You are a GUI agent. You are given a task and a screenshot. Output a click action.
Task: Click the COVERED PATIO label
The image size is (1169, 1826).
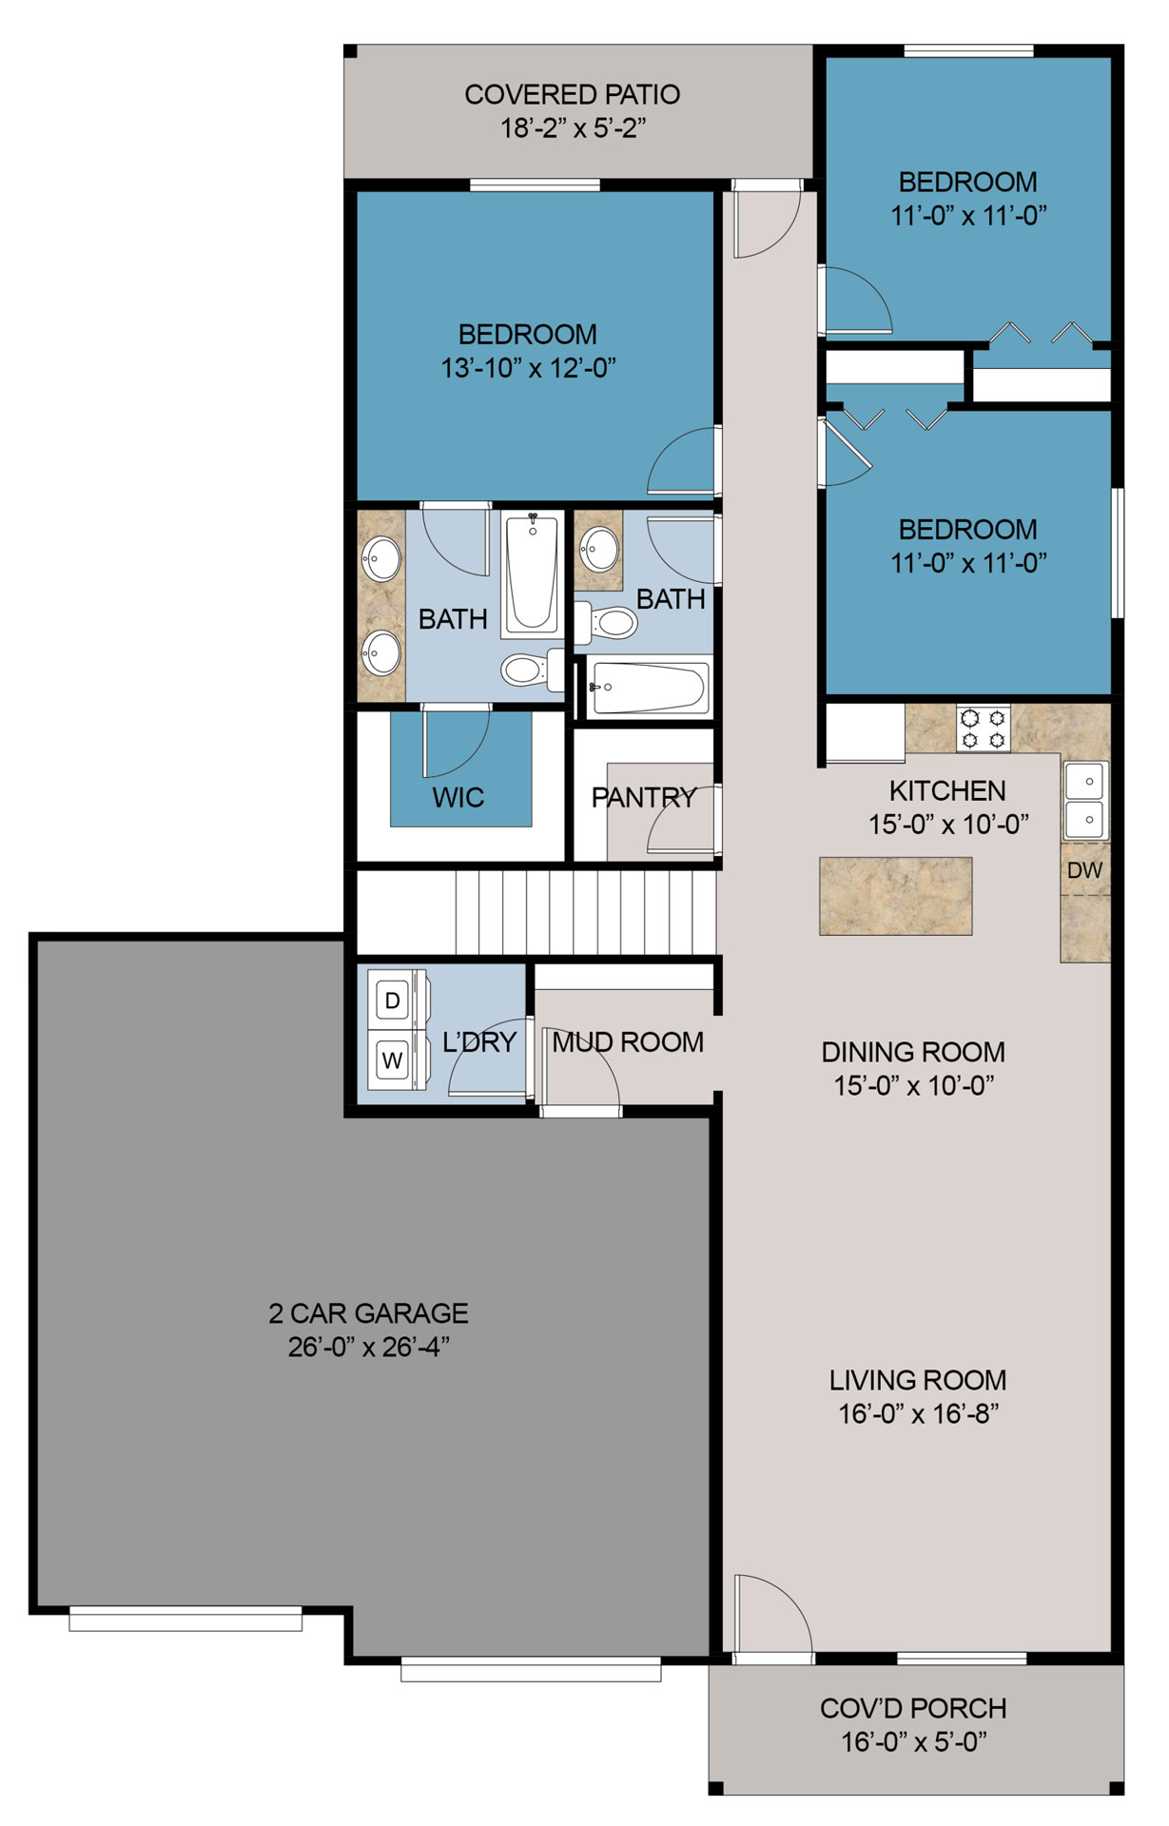[572, 95]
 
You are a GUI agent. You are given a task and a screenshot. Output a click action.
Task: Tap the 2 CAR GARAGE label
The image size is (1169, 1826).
[368, 1313]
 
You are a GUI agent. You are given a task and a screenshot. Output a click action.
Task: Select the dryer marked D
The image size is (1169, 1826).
[393, 1000]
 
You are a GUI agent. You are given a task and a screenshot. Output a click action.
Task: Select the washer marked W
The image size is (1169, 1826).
[393, 1059]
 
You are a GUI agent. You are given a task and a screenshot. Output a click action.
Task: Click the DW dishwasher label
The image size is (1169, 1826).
[1084, 870]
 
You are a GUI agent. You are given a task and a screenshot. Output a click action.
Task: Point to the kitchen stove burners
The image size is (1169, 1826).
[984, 728]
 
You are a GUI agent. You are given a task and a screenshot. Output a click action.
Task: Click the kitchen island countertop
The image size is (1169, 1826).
[896, 896]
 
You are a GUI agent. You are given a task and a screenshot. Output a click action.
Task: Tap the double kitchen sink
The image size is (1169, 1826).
[1085, 800]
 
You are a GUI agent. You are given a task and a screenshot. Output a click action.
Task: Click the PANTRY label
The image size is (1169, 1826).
[644, 798]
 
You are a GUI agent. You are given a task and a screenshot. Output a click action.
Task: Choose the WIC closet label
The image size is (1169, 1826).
[458, 798]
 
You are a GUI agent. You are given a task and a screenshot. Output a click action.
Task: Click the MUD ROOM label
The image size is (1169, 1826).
[628, 1042]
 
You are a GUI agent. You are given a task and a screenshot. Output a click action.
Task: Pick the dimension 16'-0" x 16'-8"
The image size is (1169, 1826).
[918, 1414]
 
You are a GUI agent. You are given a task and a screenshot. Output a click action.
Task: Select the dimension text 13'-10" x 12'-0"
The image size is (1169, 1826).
[528, 368]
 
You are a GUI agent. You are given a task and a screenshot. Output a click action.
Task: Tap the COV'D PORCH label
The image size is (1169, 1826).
[913, 1709]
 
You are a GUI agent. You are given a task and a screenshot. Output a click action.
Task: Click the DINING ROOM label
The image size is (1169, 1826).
[913, 1052]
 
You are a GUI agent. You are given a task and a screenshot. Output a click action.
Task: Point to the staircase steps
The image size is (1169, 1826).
[585, 913]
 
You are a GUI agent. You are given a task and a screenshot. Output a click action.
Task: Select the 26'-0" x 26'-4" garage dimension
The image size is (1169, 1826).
[368, 1348]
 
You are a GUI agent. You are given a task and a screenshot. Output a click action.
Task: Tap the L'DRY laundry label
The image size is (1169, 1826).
[479, 1042]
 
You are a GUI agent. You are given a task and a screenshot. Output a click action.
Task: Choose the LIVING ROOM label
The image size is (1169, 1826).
[918, 1380]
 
